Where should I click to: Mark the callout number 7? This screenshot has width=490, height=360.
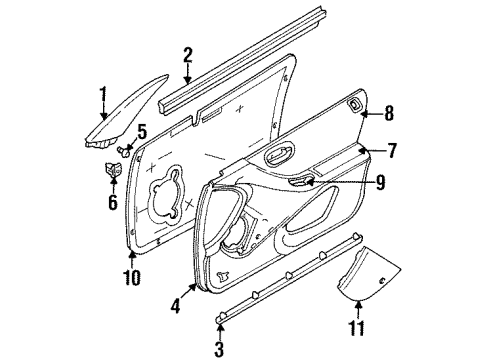click(x=393, y=151)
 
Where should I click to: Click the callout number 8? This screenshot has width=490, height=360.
click(x=391, y=113)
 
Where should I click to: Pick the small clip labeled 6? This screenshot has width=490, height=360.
click(x=111, y=173)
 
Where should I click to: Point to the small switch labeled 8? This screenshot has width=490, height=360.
click(x=356, y=109)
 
